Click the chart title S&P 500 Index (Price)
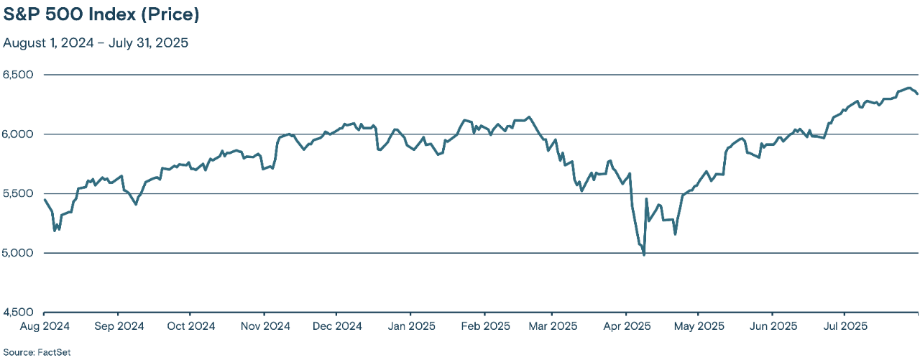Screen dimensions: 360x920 tap(101, 14)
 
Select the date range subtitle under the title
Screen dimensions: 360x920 tap(96, 42)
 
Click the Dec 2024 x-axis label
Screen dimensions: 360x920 tap(336, 326)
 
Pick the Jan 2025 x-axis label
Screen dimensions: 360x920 tap(410, 326)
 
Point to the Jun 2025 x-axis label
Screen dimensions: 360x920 tap(772, 326)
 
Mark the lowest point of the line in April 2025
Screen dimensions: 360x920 tap(644, 254)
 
